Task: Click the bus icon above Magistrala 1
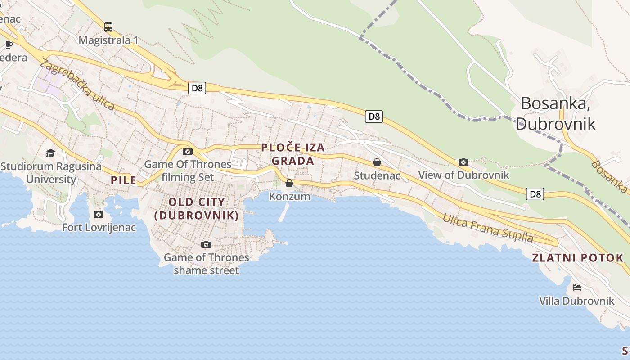pos(108,27)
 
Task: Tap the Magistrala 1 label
pos(108,40)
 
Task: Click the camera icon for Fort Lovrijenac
pos(99,215)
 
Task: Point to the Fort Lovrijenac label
pos(99,227)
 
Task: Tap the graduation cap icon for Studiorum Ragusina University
pos(50,153)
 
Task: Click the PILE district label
pos(124,180)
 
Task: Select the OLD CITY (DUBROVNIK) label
pos(197,209)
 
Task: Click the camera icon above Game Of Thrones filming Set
pos(188,152)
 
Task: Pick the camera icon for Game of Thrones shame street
pos(206,245)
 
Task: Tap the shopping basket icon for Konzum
pos(289,184)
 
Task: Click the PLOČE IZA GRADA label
pos(293,154)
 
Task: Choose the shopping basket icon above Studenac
pos(377,163)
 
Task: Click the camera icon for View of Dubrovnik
pos(463,162)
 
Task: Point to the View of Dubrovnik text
pos(463,175)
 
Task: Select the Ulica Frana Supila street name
pos(488,228)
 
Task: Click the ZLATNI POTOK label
pos(578,258)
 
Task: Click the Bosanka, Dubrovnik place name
pos(556,113)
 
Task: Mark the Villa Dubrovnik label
pos(577,301)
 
